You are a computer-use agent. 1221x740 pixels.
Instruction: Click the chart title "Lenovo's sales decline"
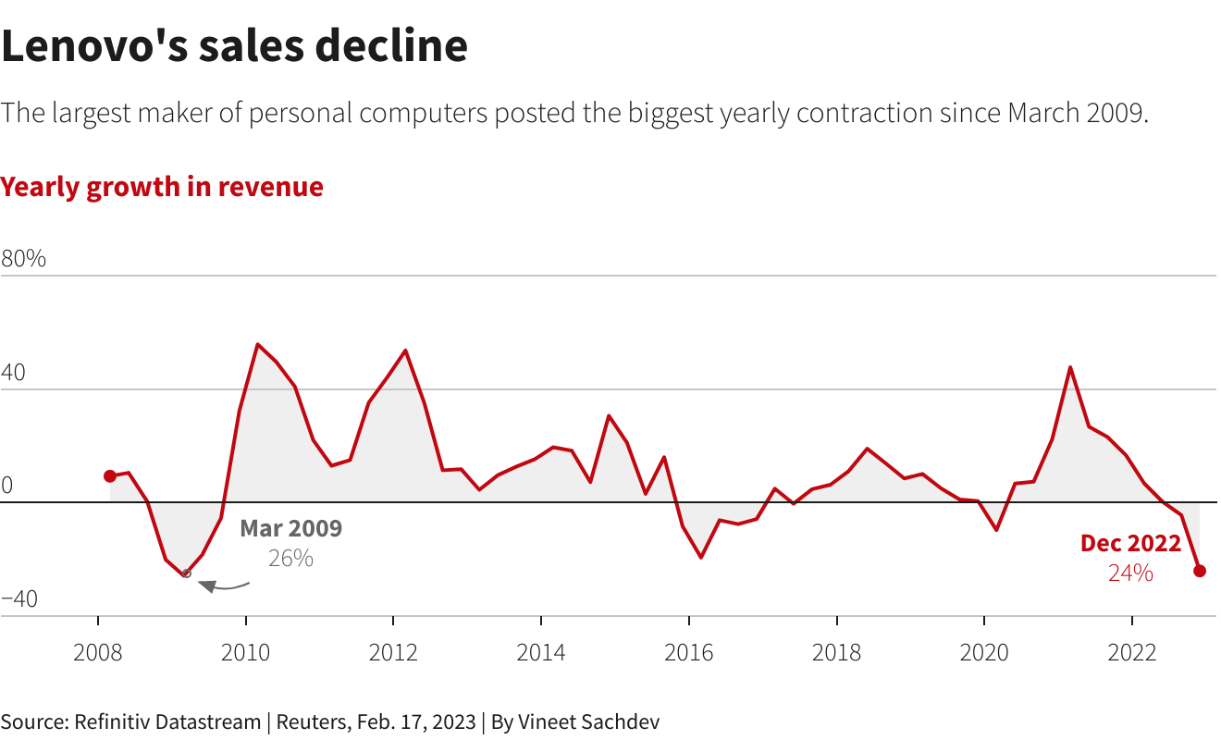(234, 46)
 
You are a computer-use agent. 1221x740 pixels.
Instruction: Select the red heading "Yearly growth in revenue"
(162, 187)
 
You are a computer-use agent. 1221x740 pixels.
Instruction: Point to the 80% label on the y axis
(24, 259)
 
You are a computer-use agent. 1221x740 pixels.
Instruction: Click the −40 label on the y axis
(19, 599)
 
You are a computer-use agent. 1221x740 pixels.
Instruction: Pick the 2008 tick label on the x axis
(98, 653)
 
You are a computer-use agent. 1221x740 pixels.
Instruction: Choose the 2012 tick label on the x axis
(393, 653)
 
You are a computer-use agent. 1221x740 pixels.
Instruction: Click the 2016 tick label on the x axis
(689, 653)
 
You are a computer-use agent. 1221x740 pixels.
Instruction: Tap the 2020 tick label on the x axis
(984, 653)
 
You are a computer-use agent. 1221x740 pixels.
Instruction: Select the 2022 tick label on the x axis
(1132, 653)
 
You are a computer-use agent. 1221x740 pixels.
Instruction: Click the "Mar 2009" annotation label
(290, 529)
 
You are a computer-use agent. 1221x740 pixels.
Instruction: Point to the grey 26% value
(290, 559)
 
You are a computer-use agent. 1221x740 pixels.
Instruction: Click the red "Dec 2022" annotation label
(1130, 544)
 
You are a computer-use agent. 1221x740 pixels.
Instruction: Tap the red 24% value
(1130, 573)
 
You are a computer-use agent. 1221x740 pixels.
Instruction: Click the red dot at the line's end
(1200, 571)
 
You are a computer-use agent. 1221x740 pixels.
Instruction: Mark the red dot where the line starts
(110, 476)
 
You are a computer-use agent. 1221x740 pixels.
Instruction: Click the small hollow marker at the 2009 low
(187, 574)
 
